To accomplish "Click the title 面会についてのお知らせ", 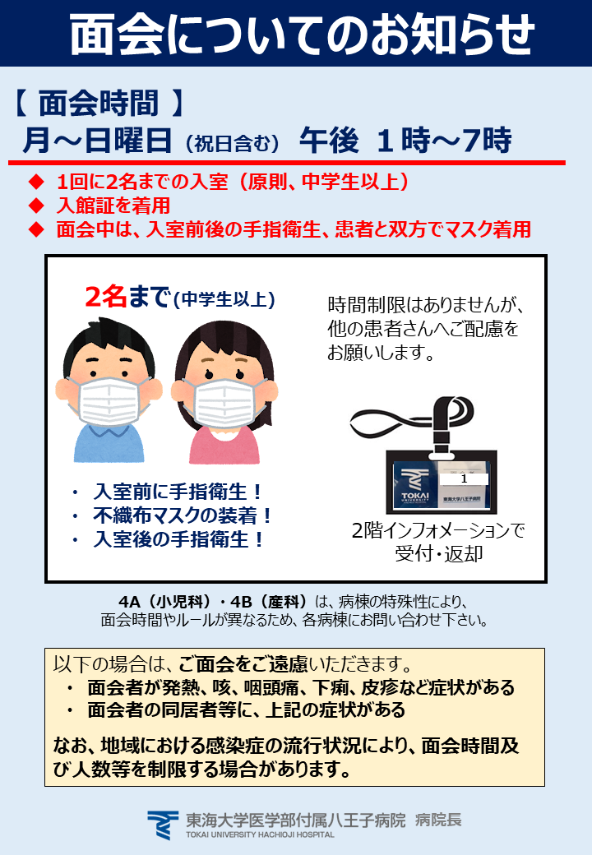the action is point(302,34).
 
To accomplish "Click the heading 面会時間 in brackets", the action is point(99,103).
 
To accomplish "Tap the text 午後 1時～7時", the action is point(405,140).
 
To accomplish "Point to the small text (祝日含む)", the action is point(232,143).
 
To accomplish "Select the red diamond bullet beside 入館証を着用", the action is point(36,206).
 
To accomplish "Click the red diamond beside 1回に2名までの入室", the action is point(36,182).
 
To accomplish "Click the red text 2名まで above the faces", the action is point(127,297).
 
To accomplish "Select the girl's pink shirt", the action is point(224,445).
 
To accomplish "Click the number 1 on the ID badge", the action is point(464,478).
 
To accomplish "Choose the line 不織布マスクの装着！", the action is point(182,515).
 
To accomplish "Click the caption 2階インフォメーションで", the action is point(438,530).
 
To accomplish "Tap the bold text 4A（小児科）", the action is point(164,602).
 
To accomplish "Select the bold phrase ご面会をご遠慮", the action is point(243,664).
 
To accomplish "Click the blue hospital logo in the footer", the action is point(163,825).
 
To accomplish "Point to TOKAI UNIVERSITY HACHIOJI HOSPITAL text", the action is point(260,834).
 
